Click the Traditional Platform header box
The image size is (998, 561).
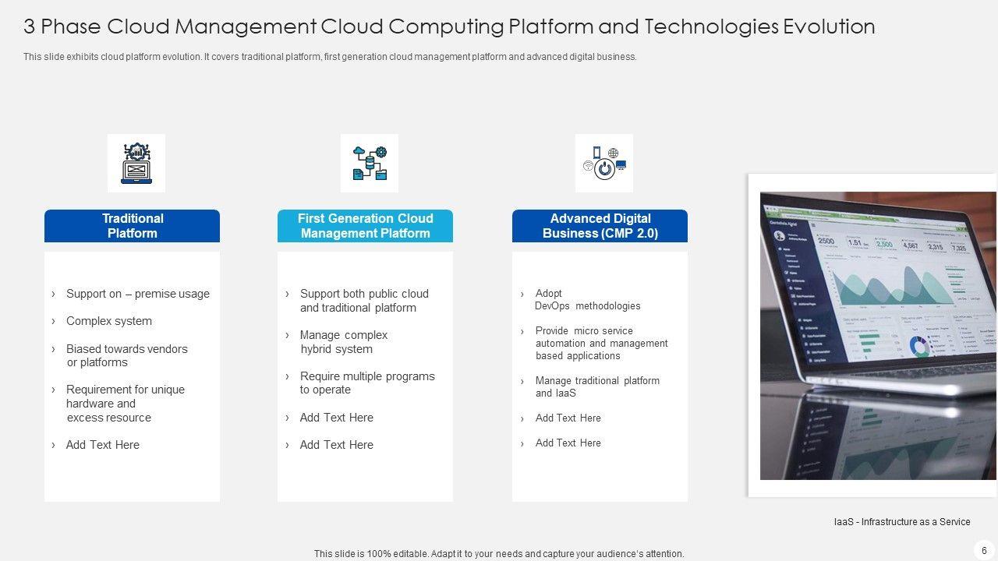[x=132, y=226]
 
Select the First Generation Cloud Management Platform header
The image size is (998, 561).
[x=365, y=226]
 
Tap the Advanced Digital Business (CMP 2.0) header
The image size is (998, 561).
[x=600, y=226]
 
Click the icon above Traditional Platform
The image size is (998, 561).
[x=136, y=163]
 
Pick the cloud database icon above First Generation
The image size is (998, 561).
[x=370, y=163]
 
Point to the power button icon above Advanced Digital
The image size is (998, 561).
[x=604, y=164]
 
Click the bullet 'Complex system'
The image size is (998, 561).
[x=109, y=321]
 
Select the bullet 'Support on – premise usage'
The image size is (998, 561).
[x=137, y=294]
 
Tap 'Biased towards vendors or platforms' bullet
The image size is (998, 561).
[x=126, y=355]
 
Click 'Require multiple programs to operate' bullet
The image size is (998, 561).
[x=366, y=383]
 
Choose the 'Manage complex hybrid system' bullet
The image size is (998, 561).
[x=343, y=342]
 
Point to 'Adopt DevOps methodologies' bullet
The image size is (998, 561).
[x=587, y=300]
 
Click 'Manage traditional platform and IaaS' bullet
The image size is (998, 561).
[x=597, y=386]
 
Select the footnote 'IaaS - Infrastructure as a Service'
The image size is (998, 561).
[x=902, y=522]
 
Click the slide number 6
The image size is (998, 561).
[x=984, y=551]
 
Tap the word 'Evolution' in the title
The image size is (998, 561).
[x=829, y=26]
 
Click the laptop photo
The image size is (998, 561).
[x=877, y=335]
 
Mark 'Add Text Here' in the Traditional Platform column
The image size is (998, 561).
[x=102, y=445]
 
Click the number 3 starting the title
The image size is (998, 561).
[x=29, y=26]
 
